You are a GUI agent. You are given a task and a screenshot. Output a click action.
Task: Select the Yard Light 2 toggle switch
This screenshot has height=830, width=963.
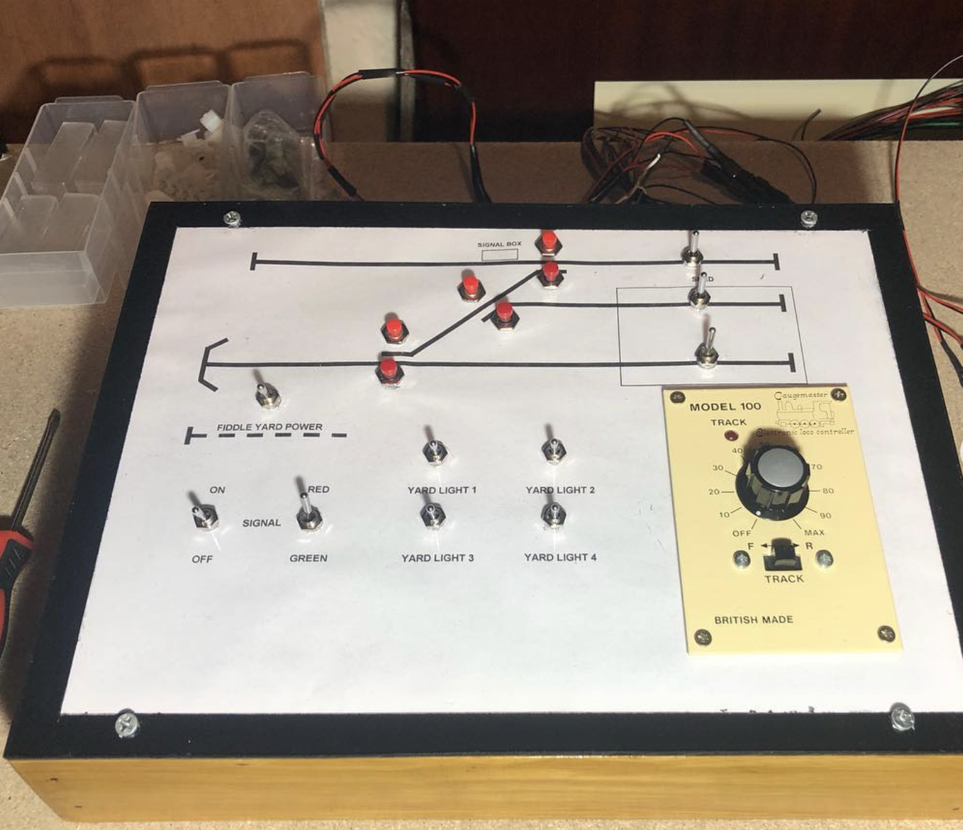point(553,450)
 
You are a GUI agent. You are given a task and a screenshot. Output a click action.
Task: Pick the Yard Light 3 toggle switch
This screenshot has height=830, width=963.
point(433,516)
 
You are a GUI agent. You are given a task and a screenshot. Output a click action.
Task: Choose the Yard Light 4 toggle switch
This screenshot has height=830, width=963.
point(552,515)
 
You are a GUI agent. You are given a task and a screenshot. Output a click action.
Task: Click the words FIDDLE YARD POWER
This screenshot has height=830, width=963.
point(269,427)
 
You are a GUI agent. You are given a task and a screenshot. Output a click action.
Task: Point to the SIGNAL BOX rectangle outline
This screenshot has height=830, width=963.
point(500,255)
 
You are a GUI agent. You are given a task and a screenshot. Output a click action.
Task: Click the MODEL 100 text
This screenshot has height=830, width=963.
point(725,407)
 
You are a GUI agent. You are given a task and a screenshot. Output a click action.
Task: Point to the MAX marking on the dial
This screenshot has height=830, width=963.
point(814,532)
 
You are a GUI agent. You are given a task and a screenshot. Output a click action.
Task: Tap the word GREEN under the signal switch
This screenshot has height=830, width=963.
point(308,558)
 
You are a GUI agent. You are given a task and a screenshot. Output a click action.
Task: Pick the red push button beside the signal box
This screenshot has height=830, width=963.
point(549,241)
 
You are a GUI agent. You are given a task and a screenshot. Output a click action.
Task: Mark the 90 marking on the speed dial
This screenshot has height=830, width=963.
point(825,515)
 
